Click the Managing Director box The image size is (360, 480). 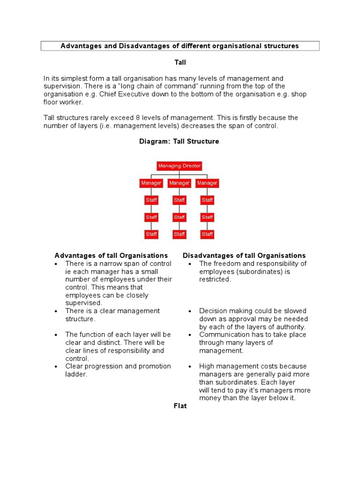tap(179, 166)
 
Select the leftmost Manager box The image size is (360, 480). tap(151, 183)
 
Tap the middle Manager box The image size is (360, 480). tap(179, 183)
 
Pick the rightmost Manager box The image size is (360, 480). tap(207, 183)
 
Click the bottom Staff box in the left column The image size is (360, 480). tap(151, 234)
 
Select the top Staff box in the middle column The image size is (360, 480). tap(179, 200)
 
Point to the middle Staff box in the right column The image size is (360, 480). tap(207, 217)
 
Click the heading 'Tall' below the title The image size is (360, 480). tap(180, 62)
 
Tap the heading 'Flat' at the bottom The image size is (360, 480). tap(180, 406)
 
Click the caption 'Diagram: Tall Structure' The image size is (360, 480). tap(179, 141)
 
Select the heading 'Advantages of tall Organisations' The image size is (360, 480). tap(111, 255)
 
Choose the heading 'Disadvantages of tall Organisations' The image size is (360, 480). tap(244, 255)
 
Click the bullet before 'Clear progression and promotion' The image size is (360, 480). tap(56, 367)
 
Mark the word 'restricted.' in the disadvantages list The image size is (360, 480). tap(215, 279)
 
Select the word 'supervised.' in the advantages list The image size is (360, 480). tap(83, 303)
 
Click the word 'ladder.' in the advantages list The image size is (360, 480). tap(76, 375)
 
